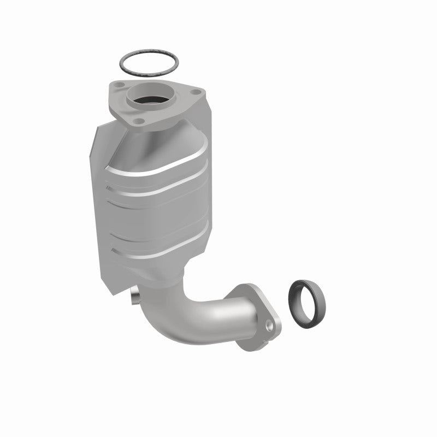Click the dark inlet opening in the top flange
(x=150, y=101)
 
